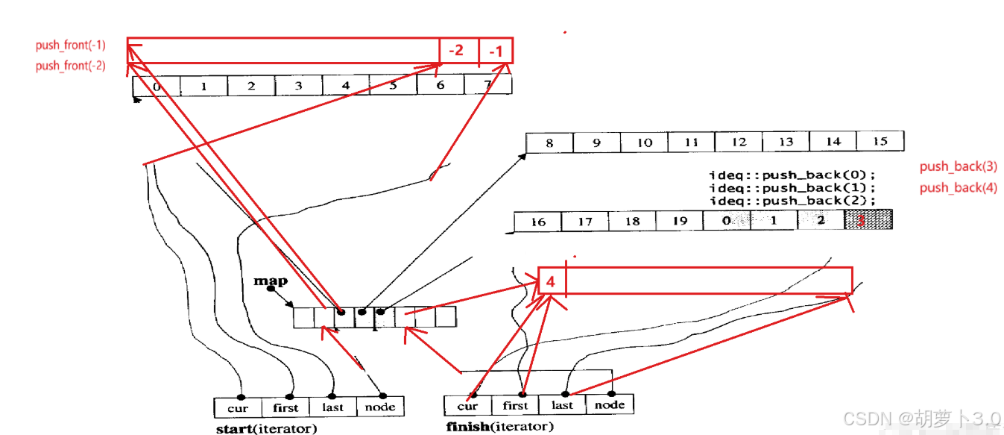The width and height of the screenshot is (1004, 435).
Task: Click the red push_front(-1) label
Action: (70, 46)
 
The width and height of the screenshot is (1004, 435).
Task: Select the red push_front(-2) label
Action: (70, 66)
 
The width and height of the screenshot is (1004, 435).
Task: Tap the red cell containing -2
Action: (457, 51)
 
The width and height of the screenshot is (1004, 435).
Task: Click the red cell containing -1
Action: (496, 51)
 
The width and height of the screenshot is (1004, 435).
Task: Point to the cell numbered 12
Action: (739, 142)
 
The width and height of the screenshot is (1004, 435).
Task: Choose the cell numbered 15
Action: (880, 141)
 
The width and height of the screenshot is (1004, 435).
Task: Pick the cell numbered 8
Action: (549, 143)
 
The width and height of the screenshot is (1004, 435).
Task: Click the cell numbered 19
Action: (679, 221)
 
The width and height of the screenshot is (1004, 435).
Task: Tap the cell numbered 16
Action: (538, 222)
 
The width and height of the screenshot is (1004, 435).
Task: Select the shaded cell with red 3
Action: (868, 219)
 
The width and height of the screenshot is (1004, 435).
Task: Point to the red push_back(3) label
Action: (958, 166)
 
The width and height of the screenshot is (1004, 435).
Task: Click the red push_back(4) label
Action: (958, 187)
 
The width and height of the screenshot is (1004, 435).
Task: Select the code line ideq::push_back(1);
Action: (792, 188)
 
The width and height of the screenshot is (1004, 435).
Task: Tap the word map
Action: (270, 281)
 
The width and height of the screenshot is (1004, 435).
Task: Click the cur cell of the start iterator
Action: (238, 407)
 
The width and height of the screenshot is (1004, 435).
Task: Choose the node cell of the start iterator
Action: (380, 407)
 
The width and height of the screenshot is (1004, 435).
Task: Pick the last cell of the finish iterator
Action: (562, 405)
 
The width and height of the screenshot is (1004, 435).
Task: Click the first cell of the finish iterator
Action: (515, 405)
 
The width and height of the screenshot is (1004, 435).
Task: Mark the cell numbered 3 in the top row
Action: (298, 86)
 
